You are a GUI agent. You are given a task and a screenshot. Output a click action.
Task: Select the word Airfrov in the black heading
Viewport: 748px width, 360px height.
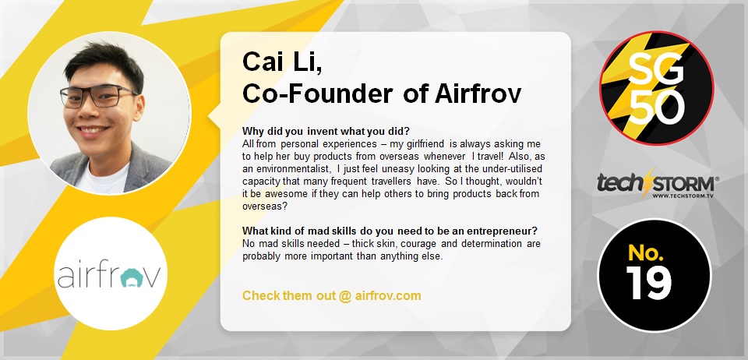(478, 94)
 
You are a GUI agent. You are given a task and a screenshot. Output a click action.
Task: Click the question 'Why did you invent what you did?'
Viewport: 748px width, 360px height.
(326, 131)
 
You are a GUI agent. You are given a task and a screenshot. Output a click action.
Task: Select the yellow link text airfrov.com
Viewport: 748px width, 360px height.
(388, 295)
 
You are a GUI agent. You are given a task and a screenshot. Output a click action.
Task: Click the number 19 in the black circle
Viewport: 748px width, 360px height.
(649, 282)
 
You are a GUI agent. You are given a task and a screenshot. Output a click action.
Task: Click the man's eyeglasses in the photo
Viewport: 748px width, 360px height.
(99, 96)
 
